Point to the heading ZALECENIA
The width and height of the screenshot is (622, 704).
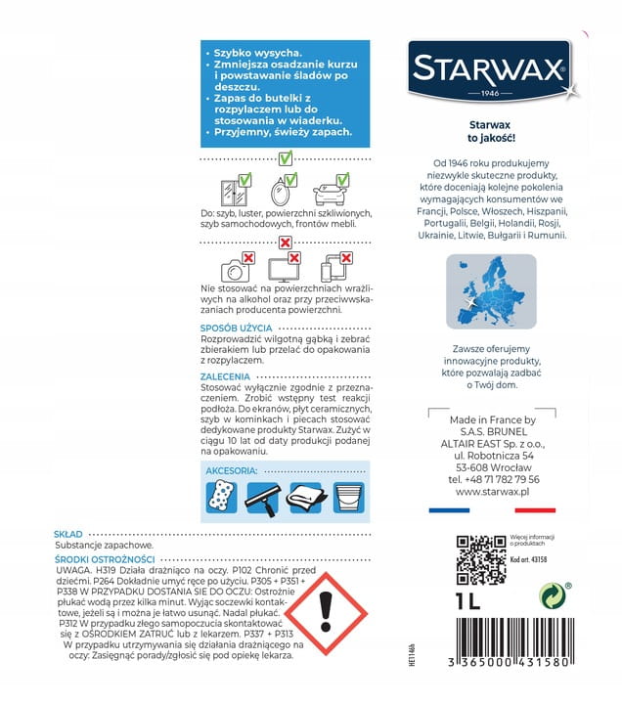(x=225, y=376)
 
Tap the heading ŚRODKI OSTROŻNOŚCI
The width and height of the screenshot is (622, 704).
(x=102, y=558)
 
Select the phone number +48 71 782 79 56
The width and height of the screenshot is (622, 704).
(x=493, y=479)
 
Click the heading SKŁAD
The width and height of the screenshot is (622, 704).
(x=68, y=534)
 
